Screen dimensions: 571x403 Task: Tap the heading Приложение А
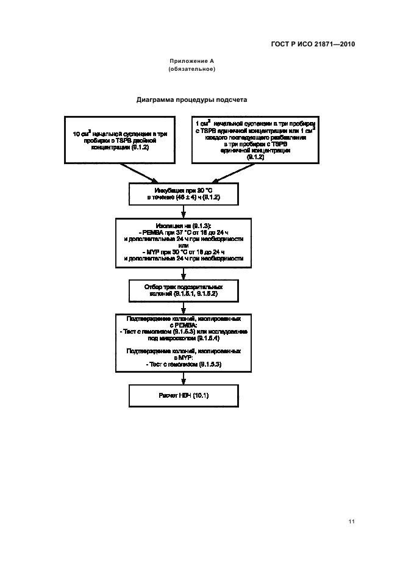191,62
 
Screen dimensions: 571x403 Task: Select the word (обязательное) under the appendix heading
191,70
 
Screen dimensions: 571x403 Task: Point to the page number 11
352,522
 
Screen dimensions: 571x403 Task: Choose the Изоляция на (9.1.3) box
184,242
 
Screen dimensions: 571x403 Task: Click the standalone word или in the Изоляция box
184,246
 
